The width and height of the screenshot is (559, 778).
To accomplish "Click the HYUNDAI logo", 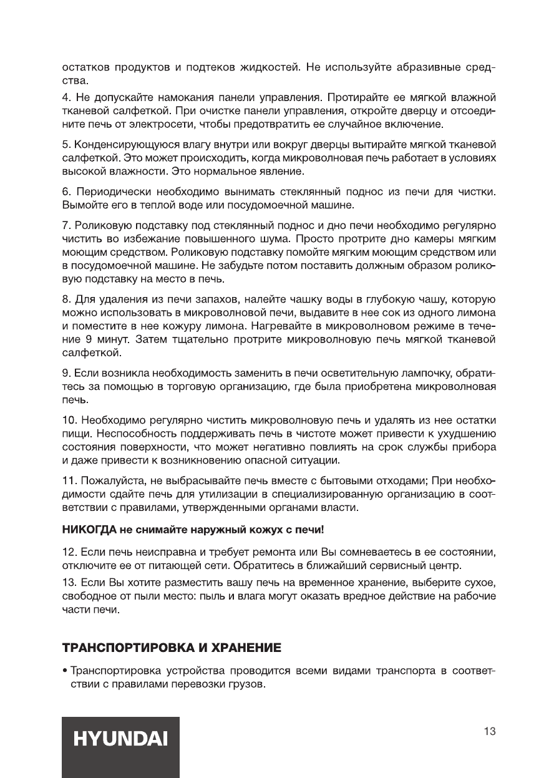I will click(x=120, y=739).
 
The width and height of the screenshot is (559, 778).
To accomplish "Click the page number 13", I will click(x=490, y=731).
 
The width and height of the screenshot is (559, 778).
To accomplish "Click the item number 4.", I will click(x=67, y=97).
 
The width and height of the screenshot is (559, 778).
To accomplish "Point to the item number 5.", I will click(x=67, y=145).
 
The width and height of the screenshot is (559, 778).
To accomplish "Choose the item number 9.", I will click(x=67, y=374).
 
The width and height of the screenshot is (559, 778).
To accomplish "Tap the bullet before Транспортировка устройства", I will click(x=65, y=673).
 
